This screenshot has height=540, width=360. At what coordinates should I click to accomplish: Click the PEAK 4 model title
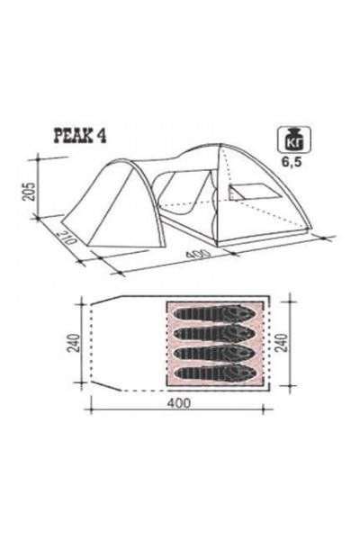click(79, 137)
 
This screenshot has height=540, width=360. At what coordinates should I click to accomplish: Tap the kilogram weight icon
click(294, 139)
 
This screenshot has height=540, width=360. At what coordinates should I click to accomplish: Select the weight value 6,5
click(292, 162)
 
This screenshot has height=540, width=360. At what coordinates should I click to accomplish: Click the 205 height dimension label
click(31, 190)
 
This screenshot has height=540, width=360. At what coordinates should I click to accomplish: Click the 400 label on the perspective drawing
click(198, 254)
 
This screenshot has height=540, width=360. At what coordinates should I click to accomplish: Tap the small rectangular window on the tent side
click(254, 193)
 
